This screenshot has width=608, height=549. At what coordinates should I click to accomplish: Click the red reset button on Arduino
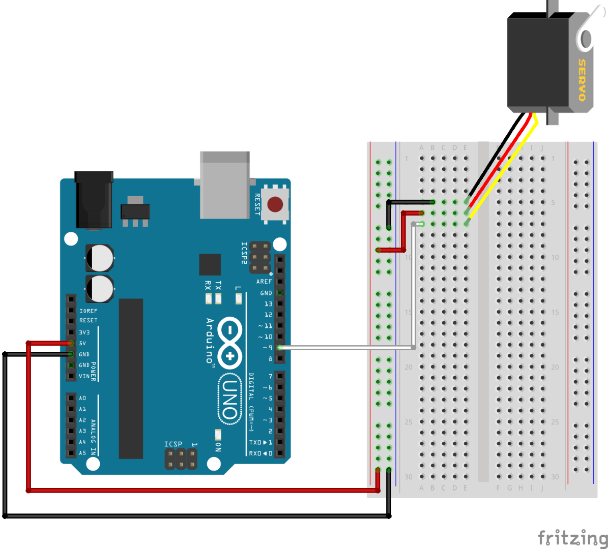point(275,205)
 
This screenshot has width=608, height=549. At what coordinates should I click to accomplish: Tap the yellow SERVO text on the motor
point(582,80)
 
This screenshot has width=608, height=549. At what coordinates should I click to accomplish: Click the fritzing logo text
point(572,538)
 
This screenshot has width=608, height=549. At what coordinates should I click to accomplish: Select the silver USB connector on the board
point(225,185)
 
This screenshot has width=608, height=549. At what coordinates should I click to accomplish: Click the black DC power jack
point(94,200)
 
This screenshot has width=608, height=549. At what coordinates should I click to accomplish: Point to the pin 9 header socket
point(279,348)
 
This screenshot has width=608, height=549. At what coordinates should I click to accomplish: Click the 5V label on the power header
point(82,343)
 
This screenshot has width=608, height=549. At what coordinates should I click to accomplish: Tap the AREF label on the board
point(264,282)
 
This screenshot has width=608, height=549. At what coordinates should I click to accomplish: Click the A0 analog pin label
point(82,398)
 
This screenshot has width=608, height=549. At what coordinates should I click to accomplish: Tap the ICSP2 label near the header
point(244,253)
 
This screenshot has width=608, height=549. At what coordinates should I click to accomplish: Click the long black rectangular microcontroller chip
point(131,378)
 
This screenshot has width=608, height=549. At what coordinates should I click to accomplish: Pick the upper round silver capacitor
point(99,258)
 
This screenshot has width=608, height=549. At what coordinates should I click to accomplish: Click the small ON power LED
point(218,435)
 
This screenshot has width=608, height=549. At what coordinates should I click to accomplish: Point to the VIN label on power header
point(84,376)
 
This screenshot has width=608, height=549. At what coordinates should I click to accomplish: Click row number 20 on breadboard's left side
point(409,367)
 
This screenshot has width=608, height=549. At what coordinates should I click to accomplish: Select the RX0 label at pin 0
point(254,453)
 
